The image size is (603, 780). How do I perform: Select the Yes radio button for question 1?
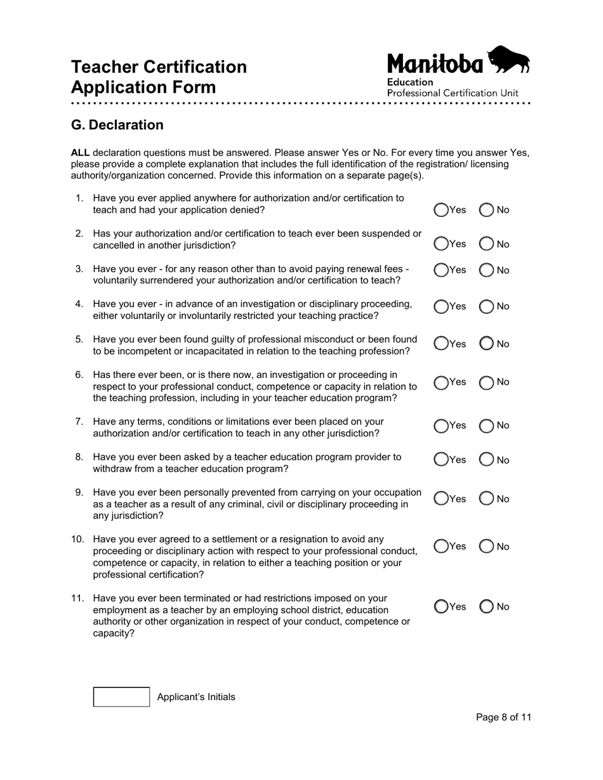(x=441, y=210)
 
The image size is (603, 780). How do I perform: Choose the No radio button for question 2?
(x=486, y=244)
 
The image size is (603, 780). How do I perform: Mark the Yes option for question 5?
(x=441, y=344)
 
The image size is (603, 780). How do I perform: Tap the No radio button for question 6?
(x=486, y=382)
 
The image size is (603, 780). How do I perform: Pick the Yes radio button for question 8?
(x=441, y=460)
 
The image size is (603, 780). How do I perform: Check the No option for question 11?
(x=486, y=607)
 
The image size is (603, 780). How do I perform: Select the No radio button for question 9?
(x=486, y=499)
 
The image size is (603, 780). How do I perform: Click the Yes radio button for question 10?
(x=441, y=547)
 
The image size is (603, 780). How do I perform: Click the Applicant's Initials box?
(x=121, y=697)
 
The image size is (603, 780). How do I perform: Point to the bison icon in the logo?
(x=508, y=60)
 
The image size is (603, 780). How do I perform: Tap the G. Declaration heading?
(x=117, y=125)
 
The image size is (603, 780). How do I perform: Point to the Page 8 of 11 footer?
(x=503, y=717)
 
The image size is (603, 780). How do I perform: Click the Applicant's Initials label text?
(x=195, y=697)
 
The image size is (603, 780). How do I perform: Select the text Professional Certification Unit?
(x=453, y=93)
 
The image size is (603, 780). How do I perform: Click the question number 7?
(x=79, y=422)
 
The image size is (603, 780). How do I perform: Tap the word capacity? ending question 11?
(x=114, y=633)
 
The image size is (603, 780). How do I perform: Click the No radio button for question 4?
(x=486, y=307)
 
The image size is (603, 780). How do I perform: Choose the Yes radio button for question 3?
(x=441, y=270)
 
